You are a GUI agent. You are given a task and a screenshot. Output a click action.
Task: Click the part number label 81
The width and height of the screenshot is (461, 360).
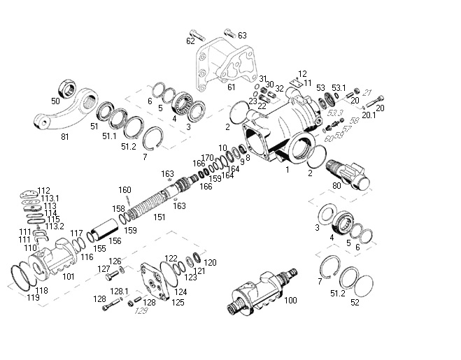coord(65,136)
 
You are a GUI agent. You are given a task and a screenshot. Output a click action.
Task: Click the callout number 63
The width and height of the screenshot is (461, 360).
coord(242,35)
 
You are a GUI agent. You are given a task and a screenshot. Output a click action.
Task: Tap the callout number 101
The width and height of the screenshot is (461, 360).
coord(69,275)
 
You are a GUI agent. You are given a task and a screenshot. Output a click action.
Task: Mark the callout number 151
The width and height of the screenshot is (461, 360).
coord(159,217)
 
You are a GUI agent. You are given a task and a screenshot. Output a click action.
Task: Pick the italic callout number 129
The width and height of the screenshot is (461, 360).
coord(142,311)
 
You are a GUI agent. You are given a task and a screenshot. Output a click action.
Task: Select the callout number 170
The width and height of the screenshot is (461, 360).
coord(207,157)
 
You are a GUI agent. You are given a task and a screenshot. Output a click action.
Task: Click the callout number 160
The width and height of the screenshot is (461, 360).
coord(125,189)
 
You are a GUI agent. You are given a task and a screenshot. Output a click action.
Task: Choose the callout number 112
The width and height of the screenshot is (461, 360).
coord(44,190)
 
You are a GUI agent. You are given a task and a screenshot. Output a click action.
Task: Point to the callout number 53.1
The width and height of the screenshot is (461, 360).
coord(339,88)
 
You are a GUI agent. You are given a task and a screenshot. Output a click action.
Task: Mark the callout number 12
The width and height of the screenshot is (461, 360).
coord(302,73)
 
